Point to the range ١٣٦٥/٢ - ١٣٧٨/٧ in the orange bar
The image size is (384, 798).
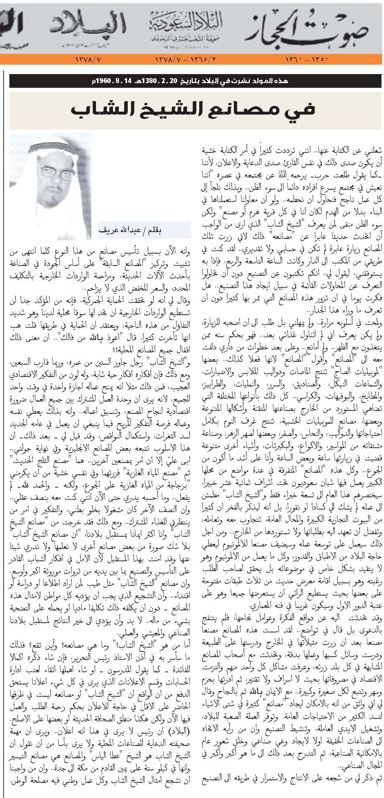[186, 59]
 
